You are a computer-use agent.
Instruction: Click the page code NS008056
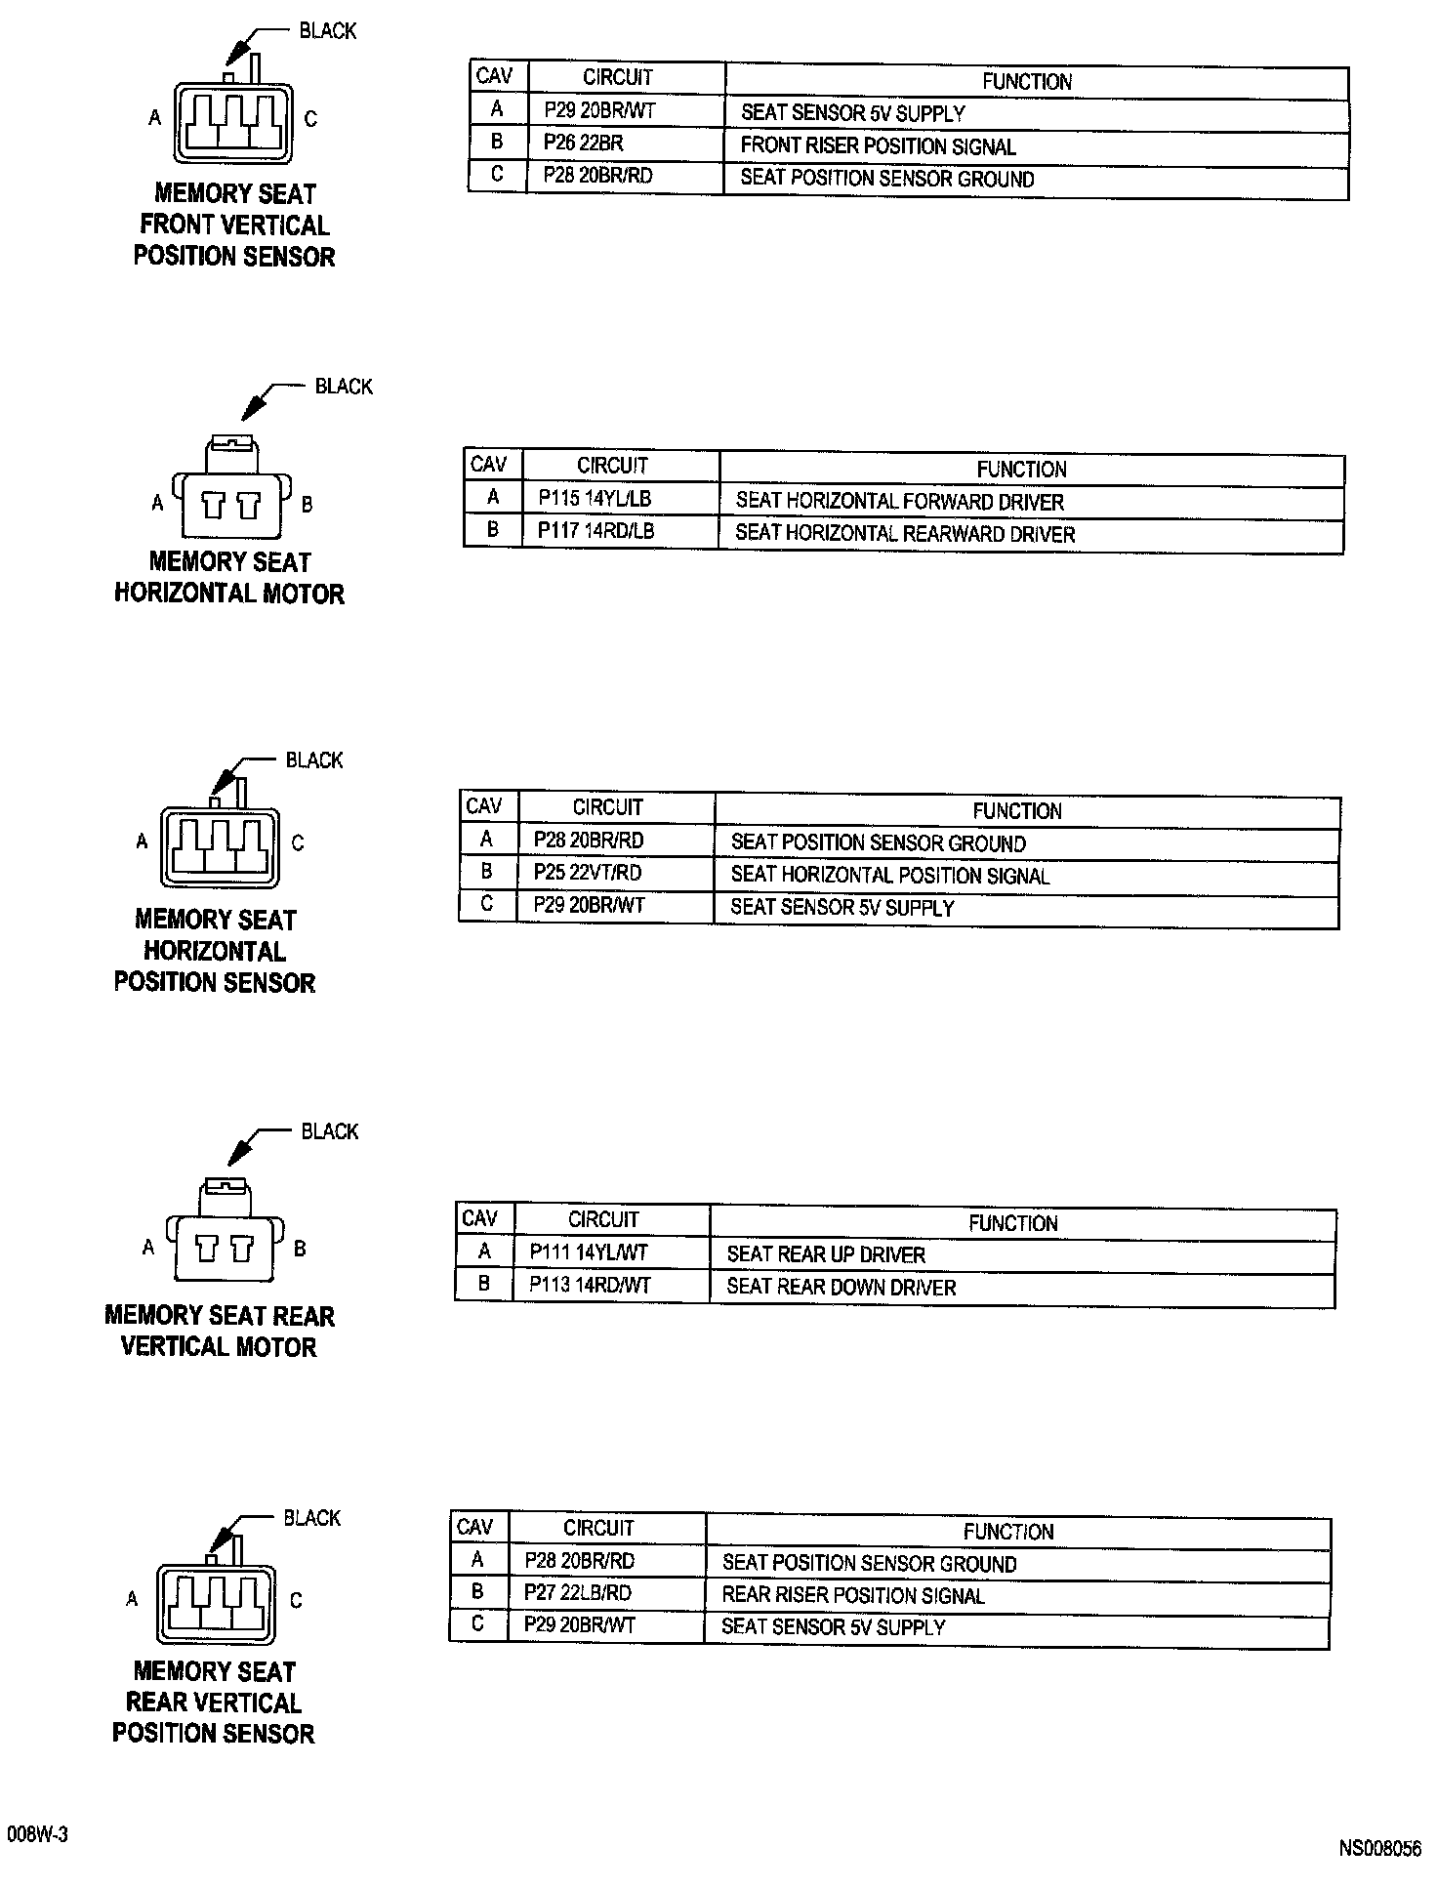[x=1379, y=1849]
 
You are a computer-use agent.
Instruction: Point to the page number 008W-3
[x=37, y=1834]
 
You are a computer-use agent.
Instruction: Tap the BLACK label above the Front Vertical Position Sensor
[x=328, y=31]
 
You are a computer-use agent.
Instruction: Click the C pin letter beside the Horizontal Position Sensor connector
[x=298, y=842]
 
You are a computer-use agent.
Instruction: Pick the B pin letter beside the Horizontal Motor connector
[x=307, y=505]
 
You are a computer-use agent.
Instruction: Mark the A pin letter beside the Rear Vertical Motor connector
[x=148, y=1247]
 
